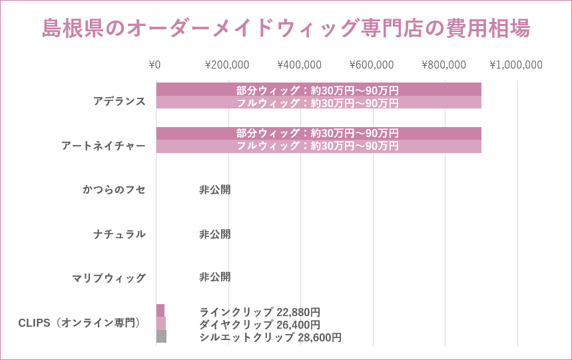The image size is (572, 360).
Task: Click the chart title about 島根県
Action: pos(286,29)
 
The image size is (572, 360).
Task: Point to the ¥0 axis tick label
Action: pos(155,65)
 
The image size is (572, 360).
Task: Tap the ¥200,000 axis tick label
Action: pos(227,65)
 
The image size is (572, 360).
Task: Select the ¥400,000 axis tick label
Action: pos(300,65)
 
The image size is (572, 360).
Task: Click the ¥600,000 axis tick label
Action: pos(372,65)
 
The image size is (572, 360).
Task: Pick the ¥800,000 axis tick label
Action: pos(444,65)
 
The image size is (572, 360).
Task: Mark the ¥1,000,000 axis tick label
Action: pos(516,65)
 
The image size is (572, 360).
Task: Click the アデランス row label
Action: pos(119,101)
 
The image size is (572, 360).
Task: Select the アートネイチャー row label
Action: pos(103,146)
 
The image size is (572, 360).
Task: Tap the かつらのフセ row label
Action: pos(114,190)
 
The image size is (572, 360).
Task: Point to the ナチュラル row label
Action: pos(119,234)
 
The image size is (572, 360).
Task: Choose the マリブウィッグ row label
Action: pos(109,278)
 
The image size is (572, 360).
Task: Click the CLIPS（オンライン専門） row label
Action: pos(80,323)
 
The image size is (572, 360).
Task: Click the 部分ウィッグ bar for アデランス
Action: pos(318,90)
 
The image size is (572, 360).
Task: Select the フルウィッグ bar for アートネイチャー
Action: pos(318,146)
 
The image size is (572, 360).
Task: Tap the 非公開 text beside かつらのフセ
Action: pos(215,190)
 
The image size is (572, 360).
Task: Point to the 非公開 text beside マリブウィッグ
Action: pos(215,277)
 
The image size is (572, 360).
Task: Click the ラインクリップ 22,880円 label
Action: pos(260,312)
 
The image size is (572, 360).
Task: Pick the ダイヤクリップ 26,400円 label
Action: pos(260,325)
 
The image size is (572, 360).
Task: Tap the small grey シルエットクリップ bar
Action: pos(161,337)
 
